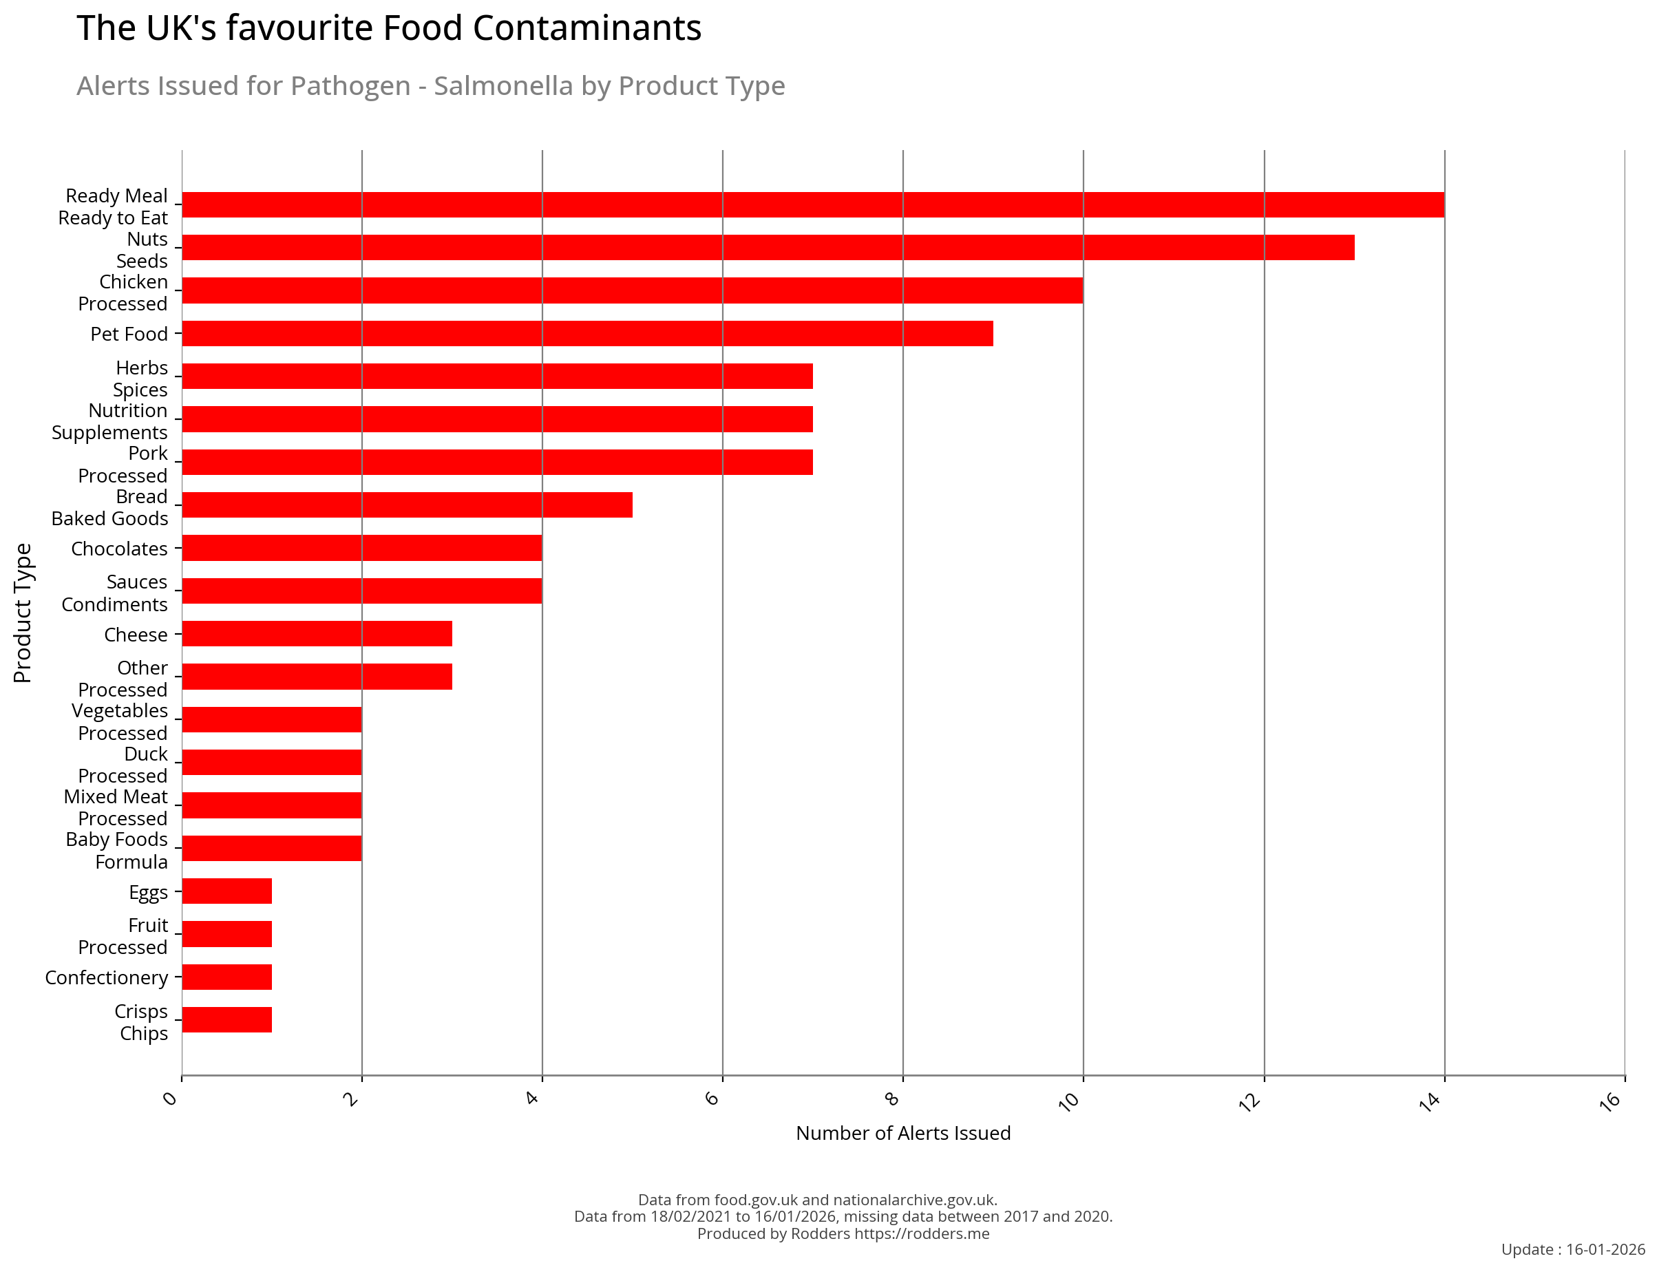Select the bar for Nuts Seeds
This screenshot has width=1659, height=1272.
pos(767,248)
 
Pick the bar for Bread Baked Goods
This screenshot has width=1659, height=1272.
pos(407,505)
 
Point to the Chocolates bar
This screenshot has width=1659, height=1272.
pos(361,547)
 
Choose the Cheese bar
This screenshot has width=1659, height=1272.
pos(317,634)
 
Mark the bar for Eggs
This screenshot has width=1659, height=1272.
pos(226,891)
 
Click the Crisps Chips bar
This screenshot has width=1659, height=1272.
pos(226,1019)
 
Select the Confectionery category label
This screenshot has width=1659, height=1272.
pos(106,977)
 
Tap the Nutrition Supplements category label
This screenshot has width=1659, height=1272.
pos(109,422)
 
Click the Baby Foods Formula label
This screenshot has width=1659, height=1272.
pos(116,850)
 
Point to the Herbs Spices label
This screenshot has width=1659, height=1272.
pos(141,379)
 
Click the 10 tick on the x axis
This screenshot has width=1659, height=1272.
pos(1068,1101)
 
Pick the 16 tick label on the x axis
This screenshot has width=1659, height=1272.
pos(1610,1101)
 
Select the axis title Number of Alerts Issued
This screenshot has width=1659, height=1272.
pos(902,1134)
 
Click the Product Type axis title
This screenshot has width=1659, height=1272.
pos(23,613)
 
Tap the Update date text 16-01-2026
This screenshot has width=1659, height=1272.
pos(1605,1249)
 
